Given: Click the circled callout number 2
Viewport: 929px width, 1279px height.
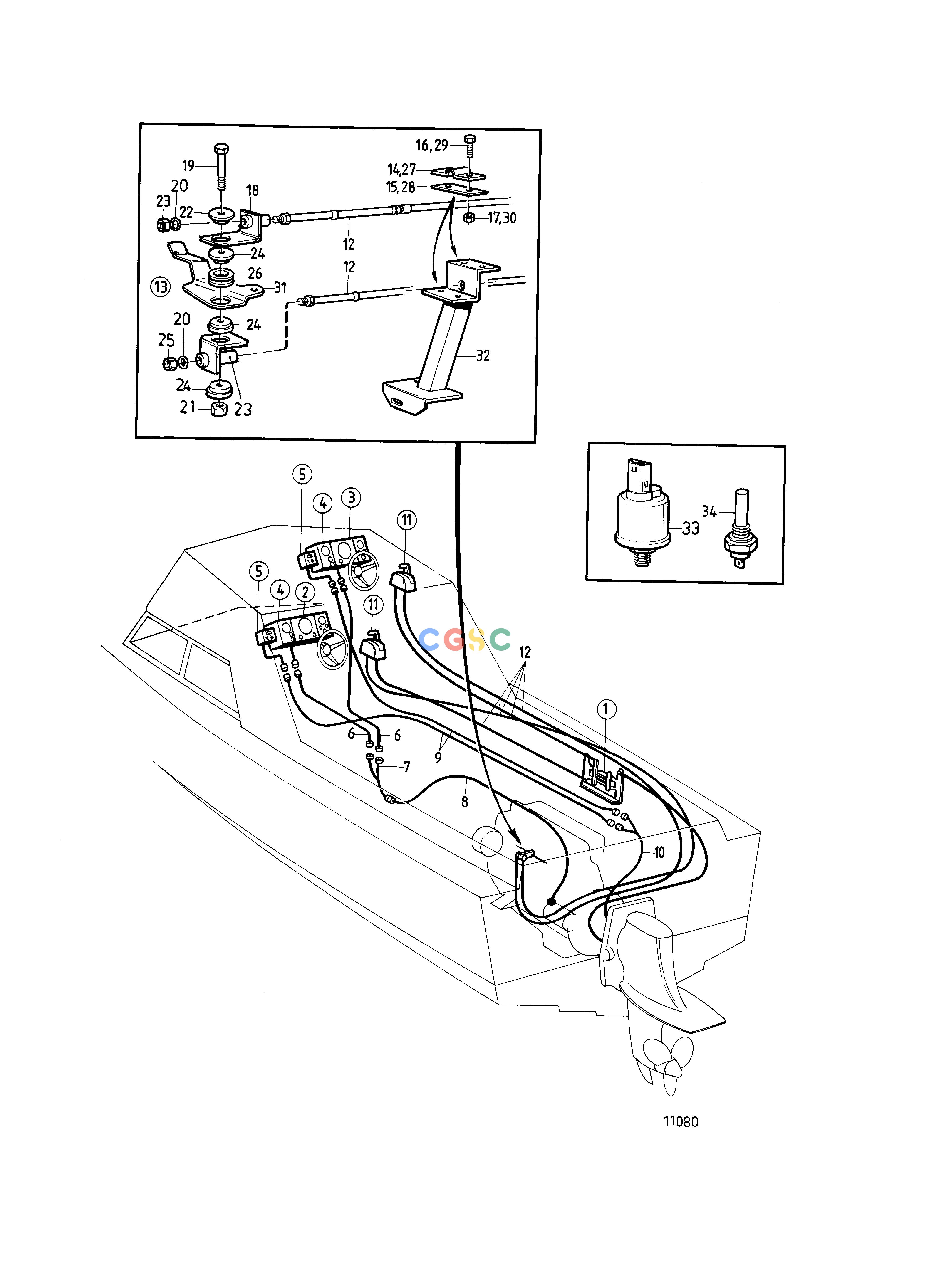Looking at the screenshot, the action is pos(305,592).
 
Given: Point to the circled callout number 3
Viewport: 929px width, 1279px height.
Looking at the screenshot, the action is pos(351,498).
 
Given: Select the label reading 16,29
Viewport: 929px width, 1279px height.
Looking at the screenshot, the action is pos(431,146).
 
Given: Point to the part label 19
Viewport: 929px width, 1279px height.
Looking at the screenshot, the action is pos(188,166).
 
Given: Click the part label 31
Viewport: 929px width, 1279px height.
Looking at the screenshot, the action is pos(280,288).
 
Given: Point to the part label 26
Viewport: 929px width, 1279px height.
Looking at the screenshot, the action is pos(255,274).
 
